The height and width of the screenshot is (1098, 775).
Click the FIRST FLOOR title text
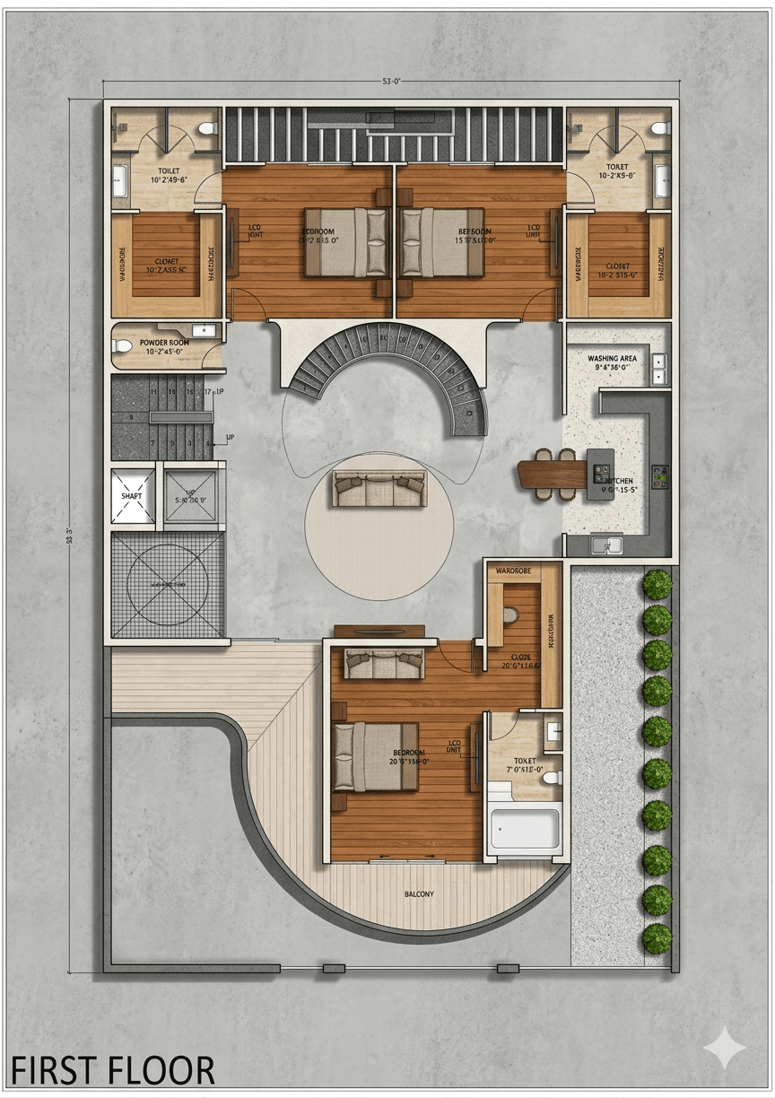point(112,1070)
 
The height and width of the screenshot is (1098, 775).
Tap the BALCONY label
point(418,894)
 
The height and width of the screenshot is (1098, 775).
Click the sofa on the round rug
point(379,490)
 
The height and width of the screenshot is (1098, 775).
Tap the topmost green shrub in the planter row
point(657,584)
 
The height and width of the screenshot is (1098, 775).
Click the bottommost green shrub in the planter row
point(657,938)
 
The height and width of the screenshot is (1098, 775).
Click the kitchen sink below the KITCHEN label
point(607,544)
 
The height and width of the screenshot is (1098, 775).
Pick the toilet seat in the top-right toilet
point(661,128)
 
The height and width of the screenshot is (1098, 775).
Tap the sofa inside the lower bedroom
point(384,663)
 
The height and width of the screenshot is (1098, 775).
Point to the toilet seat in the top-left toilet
point(208,128)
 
